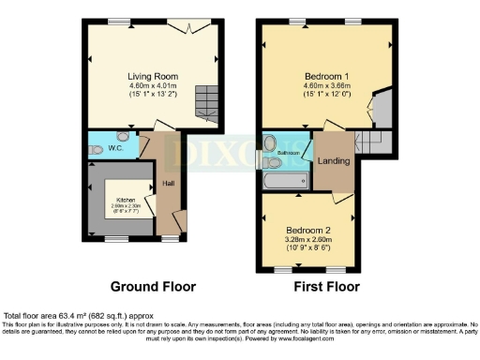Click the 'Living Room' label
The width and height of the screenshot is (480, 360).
153,76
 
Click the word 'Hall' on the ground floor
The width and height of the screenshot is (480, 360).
168,183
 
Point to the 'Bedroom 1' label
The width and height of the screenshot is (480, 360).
327,76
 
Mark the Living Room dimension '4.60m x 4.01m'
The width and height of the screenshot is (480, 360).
153,86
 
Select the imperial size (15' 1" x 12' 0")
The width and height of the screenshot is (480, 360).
327,95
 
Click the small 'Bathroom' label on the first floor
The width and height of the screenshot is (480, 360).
287,153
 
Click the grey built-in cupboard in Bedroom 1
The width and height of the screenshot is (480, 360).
382,110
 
